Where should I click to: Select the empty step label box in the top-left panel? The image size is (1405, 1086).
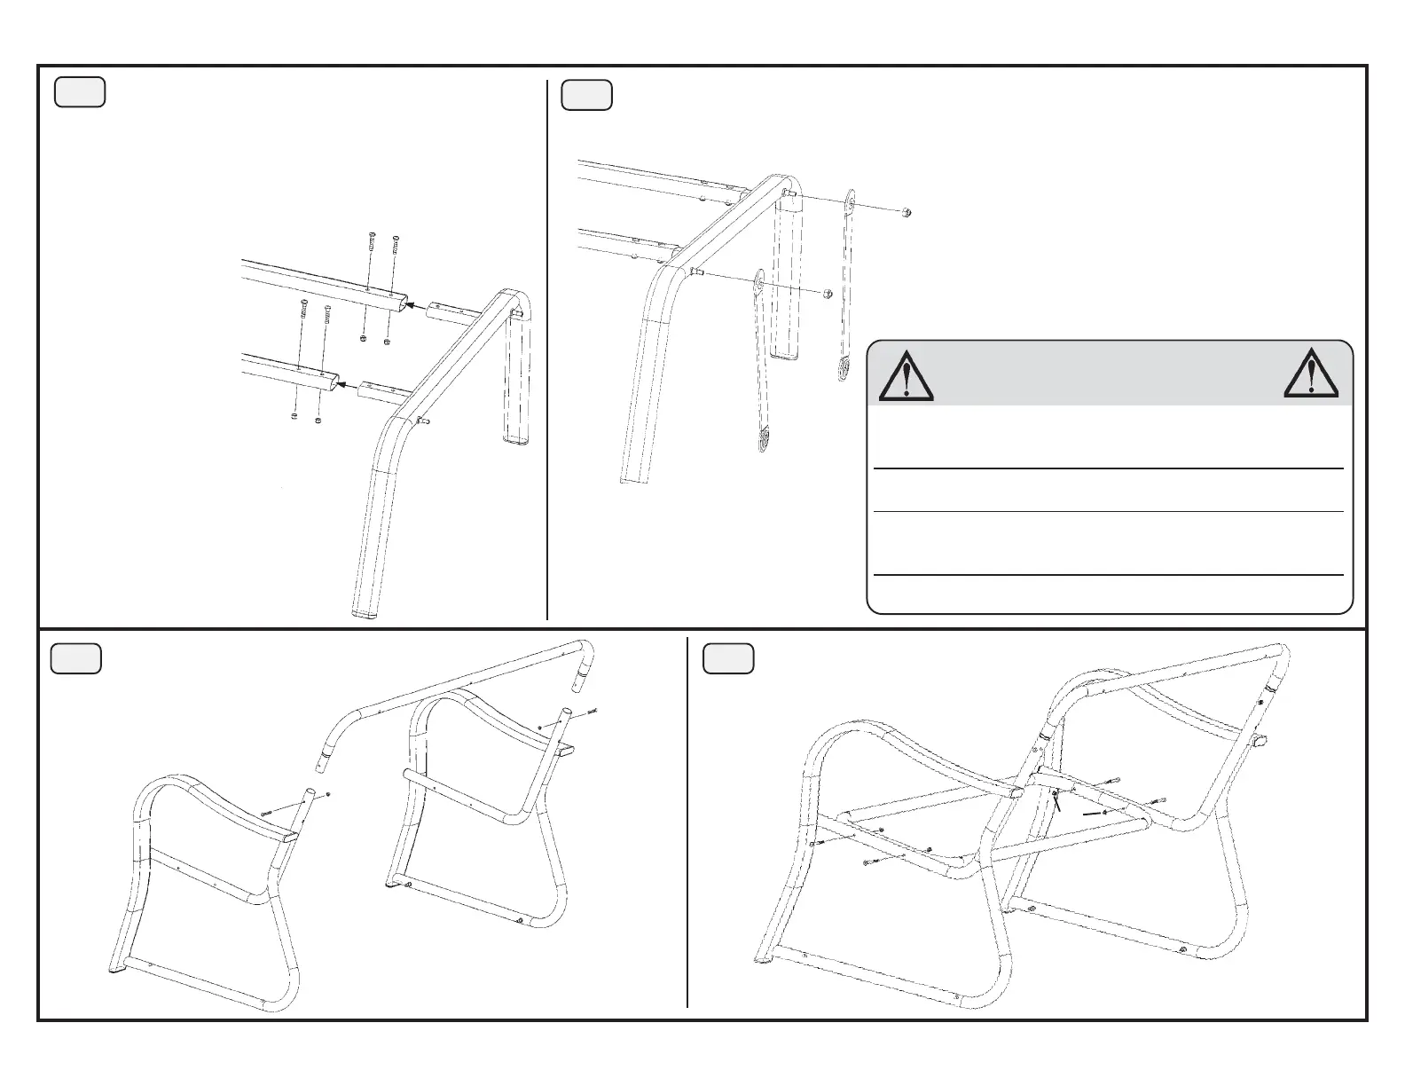80,92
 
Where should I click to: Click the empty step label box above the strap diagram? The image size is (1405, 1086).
587,95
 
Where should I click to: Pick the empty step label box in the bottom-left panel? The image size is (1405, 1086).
75,659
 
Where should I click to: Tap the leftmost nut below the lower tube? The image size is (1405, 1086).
294,416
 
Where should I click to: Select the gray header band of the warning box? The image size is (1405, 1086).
1109,373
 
